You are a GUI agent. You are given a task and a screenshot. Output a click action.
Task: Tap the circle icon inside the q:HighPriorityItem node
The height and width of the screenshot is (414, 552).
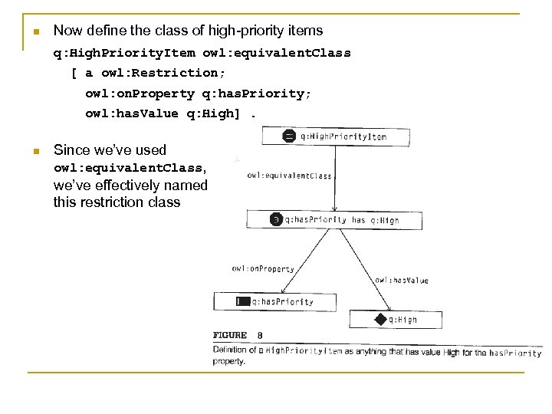point(288,136)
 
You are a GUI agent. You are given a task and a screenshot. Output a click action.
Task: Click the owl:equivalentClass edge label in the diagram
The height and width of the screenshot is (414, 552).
point(290,176)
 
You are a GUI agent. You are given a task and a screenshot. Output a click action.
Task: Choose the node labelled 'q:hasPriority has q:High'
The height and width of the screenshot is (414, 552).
point(334,220)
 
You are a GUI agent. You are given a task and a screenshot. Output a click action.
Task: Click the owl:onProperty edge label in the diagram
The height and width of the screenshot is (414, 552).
point(262,269)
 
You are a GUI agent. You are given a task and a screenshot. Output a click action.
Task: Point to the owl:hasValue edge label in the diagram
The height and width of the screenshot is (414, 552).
point(402,281)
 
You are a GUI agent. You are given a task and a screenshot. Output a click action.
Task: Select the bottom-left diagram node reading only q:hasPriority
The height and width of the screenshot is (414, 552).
point(274,302)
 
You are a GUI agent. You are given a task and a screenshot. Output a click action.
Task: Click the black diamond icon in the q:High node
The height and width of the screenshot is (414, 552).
point(379,319)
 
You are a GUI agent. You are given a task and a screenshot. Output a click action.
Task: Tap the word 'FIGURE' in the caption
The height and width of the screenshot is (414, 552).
point(230,335)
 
